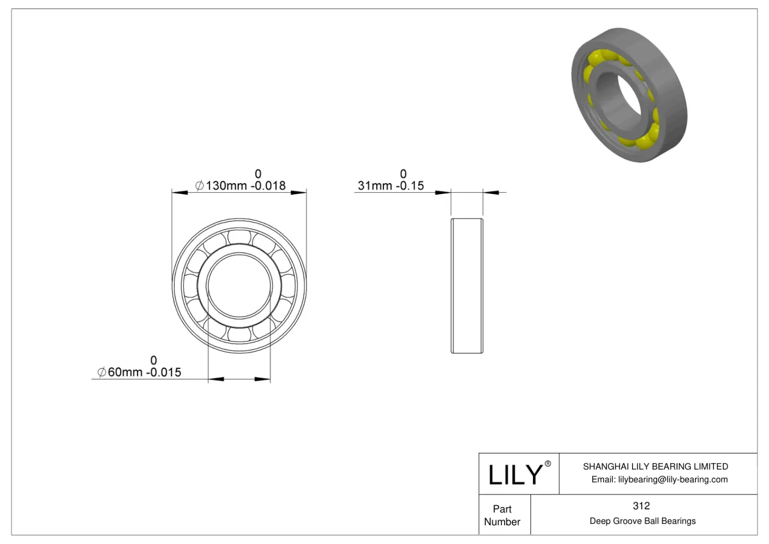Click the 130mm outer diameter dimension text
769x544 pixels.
pyautogui.click(x=240, y=185)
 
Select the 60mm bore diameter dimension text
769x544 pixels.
pyautogui.click(x=139, y=372)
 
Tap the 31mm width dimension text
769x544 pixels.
pyautogui.click(x=391, y=185)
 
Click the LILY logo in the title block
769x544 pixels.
pyautogui.click(x=515, y=475)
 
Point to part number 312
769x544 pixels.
pyautogui.click(x=641, y=506)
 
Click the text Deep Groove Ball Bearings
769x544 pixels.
pyautogui.click(x=642, y=521)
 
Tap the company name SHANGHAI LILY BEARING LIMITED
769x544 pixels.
pyautogui.click(x=655, y=466)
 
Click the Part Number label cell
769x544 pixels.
pyautogui.click(x=502, y=515)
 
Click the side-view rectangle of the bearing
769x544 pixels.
pyautogui.click(x=467, y=286)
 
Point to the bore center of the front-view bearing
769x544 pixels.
pyautogui.click(x=239, y=286)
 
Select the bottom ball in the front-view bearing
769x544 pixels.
pyautogui.click(x=239, y=334)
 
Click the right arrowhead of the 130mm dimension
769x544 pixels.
pyautogui.click(x=299, y=193)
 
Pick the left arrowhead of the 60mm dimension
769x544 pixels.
pyautogui.click(x=216, y=379)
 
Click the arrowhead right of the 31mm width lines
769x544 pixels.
pyautogui.click(x=491, y=193)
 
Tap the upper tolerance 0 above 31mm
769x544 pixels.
pyautogui.click(x=403, y=173)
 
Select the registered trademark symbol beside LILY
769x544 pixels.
pyautogui.click(x=547, y=464)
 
